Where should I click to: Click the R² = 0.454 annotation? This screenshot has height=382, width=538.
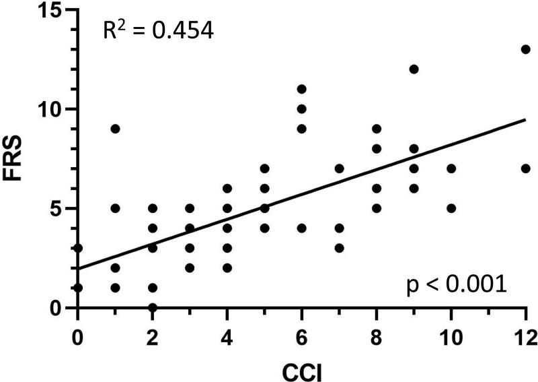click(158, 31)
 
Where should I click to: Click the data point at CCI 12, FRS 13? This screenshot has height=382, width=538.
click(526, 49)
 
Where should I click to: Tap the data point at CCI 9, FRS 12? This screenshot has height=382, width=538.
click(414, 69)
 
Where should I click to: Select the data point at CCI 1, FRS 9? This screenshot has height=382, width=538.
click(115, 129)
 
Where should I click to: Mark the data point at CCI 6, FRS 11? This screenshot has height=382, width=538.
click(302, 89)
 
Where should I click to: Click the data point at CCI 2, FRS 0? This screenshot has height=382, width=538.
click(153, 308)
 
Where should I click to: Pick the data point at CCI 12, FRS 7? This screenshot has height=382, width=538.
click(526, 168)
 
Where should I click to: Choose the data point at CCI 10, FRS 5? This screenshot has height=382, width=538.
click(451, 208)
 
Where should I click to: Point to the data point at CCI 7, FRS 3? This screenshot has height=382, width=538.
click(339, 248)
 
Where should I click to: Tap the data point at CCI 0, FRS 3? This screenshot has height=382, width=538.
click(78, 248)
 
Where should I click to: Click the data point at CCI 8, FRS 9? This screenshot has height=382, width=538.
click(377, 129)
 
